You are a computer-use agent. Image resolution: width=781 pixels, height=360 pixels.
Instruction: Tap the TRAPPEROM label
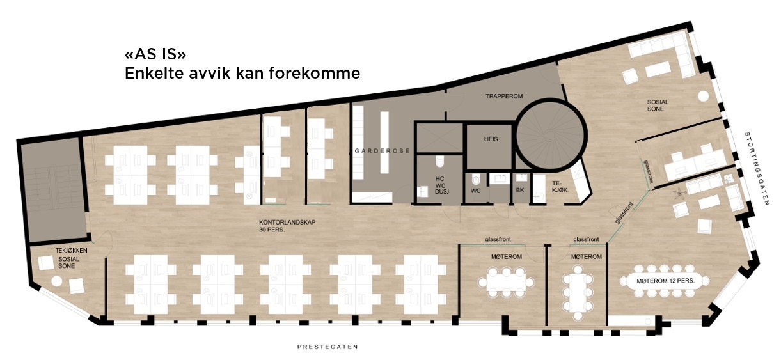click(x=504, y=96)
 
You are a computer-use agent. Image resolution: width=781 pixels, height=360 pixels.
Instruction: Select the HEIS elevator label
click(x=491, y=139)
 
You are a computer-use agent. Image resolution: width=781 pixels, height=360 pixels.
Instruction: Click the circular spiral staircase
click(x=549, y=135)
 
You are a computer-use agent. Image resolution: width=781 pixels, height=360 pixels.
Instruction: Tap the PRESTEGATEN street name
click(x=327, y=347)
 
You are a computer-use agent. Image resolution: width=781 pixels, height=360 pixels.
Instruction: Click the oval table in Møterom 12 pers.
click(x=665, y=281)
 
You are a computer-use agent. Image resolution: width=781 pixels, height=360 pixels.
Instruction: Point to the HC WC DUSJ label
click(x=439, y=184)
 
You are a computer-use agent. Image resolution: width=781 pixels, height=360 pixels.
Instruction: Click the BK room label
click(x=520, y=190)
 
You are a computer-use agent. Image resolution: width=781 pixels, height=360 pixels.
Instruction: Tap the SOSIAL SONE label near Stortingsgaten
click(x=655, y=106)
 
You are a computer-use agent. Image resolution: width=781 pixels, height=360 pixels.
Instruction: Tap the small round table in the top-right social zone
click(x=702, y=96)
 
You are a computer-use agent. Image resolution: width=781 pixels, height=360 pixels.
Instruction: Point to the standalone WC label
click(x=475, y=190)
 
